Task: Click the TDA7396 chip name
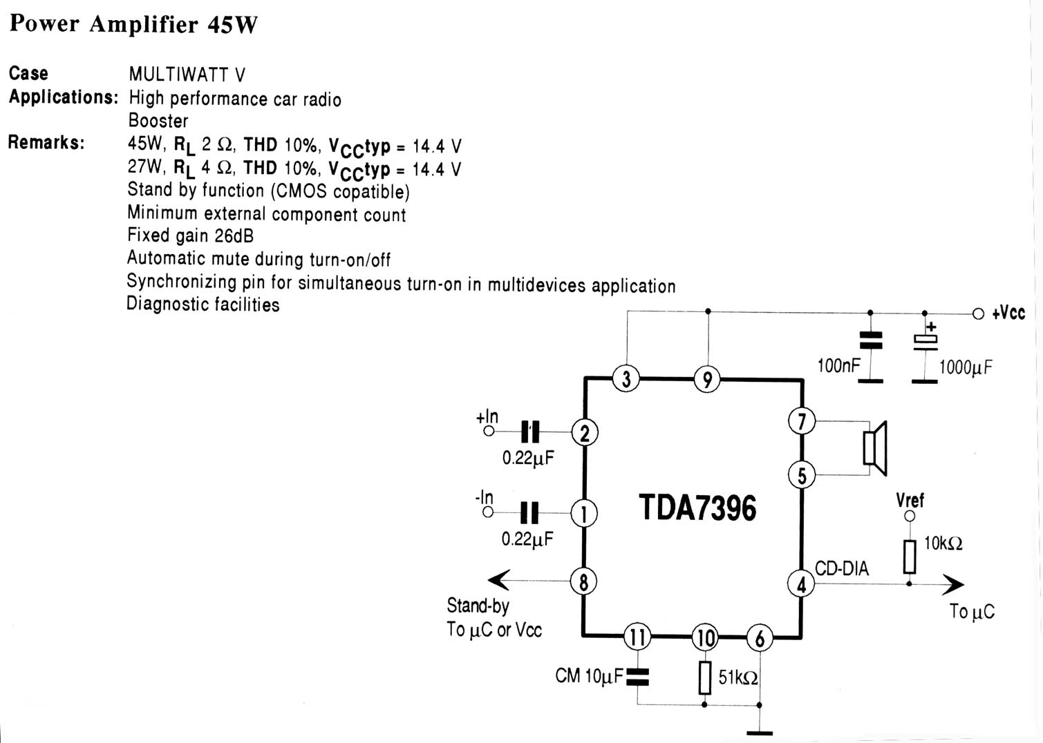click(x=697, y=508)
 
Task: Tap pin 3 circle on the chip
click(x=626, y=378)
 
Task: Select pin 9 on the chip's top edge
click(x=707, y=379)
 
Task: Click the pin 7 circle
click(x=802, y=421)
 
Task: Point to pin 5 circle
click(x=802, y=475)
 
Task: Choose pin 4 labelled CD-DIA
click(x=801, y=585)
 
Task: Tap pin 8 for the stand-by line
click(x=583, y=582)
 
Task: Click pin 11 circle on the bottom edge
click(x=637, y=637)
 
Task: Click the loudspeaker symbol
click(x=874, y=447)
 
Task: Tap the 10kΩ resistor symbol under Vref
click(x=910, y=556)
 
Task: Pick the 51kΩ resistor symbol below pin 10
click(x=704, y=677)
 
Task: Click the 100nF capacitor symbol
click(x=870, y=340)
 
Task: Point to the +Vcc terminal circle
click(x=978, y=313)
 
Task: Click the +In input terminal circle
click(x=489, y=432)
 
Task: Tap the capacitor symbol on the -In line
click(x=529, y=512)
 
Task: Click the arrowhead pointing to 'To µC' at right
click(x=953, y=584)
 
